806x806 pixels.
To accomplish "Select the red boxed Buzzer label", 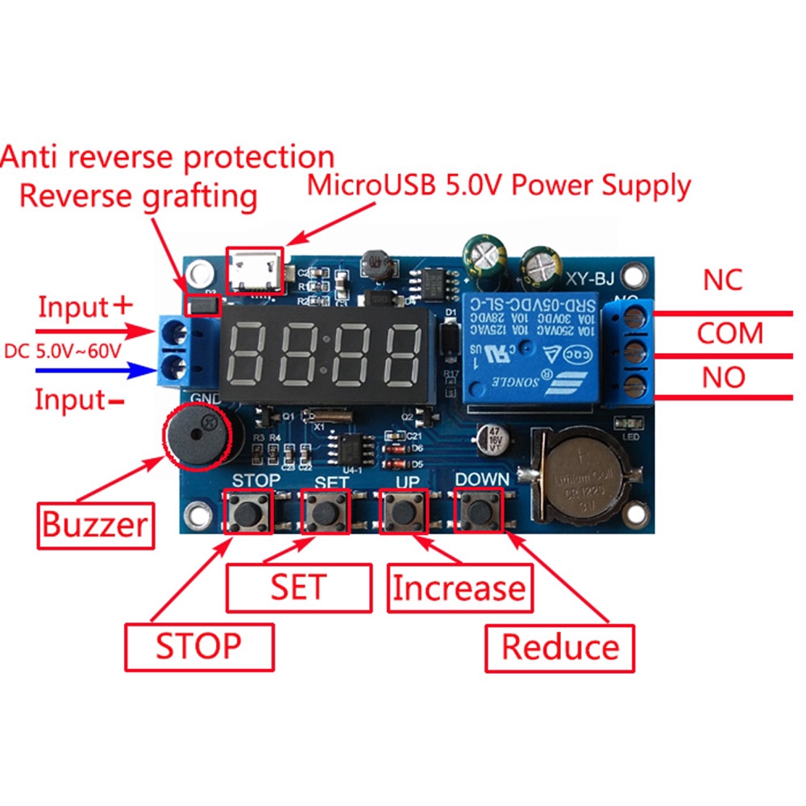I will click(95, 525).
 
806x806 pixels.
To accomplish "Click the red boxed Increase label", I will click(458, 588).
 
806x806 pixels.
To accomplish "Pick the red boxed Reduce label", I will click(559, 647).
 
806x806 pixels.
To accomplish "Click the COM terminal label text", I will click(729, 333).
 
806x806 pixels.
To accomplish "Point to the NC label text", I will click(722, 281).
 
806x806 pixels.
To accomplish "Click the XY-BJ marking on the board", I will click(589, 280).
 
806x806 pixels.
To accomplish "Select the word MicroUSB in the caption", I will click(370, 186).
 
